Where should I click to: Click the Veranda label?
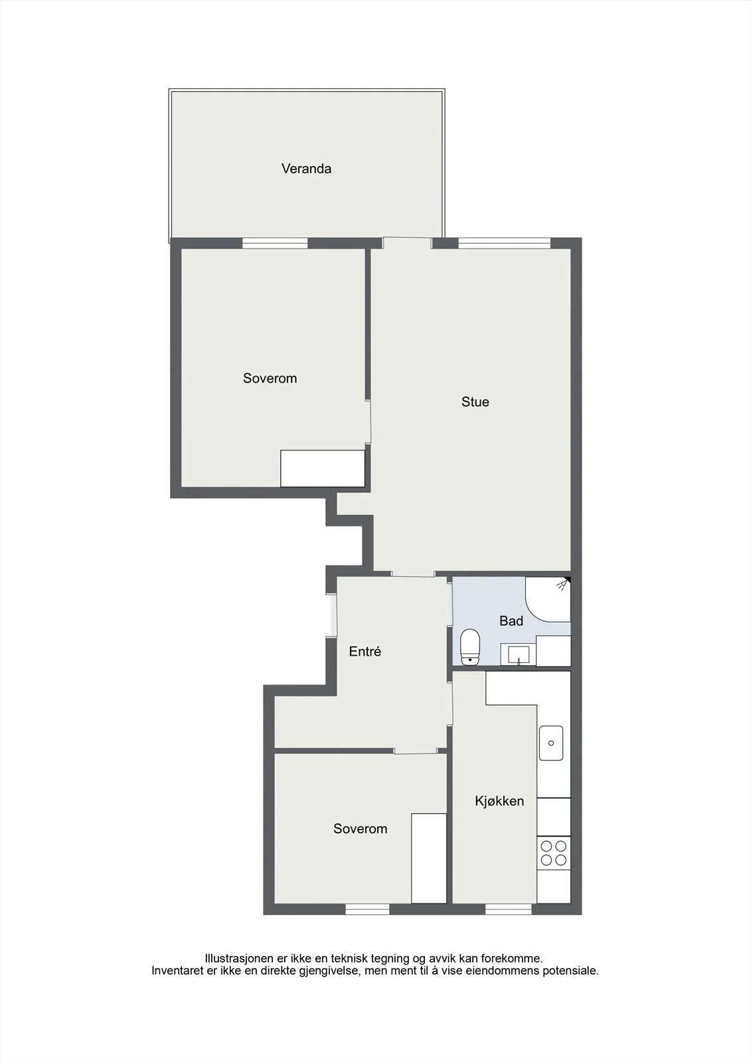coord(306,169)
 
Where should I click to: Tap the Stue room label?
coord(475,402)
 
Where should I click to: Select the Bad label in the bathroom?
coord(511,621)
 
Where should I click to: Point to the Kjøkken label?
coord(499,801)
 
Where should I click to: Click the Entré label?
coord(365,652)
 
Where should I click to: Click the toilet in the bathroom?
coord(470,647)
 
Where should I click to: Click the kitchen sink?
coord(550,743)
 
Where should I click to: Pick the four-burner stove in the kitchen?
coord(554,853)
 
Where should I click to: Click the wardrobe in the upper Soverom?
coord(323,468)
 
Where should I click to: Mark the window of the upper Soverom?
coord(275,243)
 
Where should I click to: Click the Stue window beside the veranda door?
coord(504,243)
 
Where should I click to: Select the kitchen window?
coord(508,910)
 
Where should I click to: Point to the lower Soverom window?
coord(367,910)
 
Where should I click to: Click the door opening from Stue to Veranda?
coord(407,242)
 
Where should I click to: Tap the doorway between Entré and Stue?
coord(413,574)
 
